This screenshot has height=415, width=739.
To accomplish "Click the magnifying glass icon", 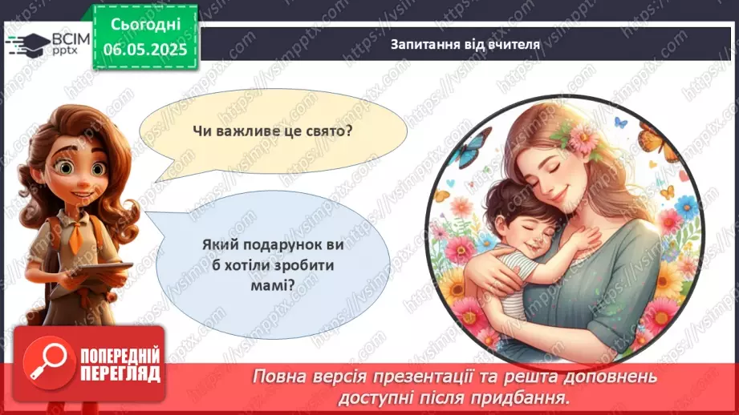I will [x=46, y=363].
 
